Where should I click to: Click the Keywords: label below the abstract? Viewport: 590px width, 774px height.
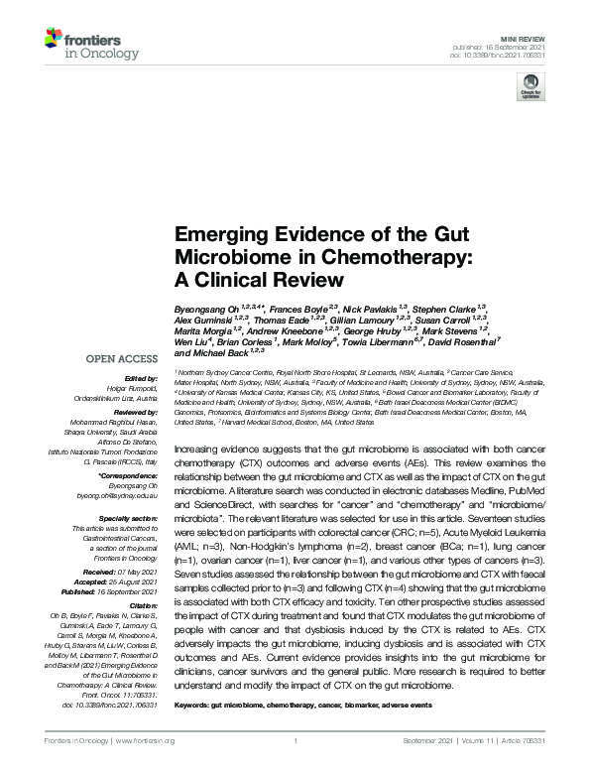pyautogui.click(x=194, y=705)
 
